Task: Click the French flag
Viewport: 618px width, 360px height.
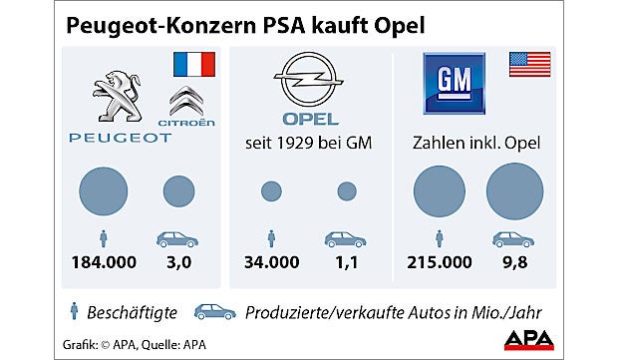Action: (x=193, y=66)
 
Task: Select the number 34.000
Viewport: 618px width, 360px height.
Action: (x=272, y=263)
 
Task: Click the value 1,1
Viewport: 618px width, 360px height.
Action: (x=347, y=263)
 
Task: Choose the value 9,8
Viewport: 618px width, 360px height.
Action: (x=514, y=263)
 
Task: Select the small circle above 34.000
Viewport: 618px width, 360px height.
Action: (x=271, y=191)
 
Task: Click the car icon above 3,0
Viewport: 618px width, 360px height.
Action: (x=177, y=239)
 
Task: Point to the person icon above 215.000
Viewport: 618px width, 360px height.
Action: (x=440, y=239)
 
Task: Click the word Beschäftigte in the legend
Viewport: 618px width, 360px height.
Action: (x=132, y=312)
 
